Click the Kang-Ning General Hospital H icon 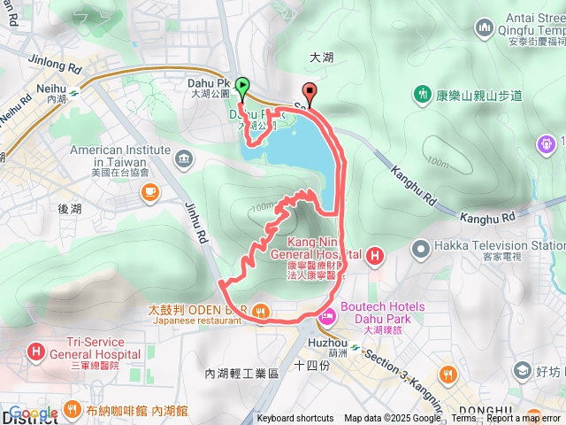(x=375, y=258)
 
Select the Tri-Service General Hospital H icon (x=36, y=352)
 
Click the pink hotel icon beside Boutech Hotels (x=326, y=315)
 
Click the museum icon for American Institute (x=183, y=159)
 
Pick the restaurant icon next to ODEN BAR (x=260, y=310)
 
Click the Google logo (x=33, y=413)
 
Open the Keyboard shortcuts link (x=294, y=419)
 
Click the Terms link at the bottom (x=463, y=419)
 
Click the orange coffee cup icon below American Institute (x=150, y=189)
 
